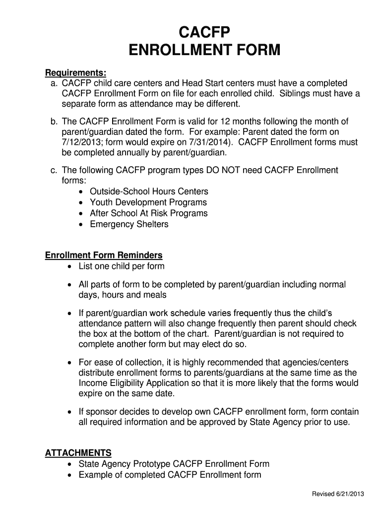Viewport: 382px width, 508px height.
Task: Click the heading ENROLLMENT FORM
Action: [x=204, y=51]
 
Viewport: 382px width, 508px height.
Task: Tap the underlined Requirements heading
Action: [x=75, y=73]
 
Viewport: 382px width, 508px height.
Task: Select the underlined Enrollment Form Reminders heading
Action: [x=104, y=255]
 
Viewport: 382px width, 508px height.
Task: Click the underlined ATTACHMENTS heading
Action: [x=78, y=453]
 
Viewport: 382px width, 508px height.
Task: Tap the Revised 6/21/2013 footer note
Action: [x=338, y=493]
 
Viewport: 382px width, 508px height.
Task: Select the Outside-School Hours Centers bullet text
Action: [x=149, y=192]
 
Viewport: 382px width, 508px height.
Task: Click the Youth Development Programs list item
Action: [x=148, y=203]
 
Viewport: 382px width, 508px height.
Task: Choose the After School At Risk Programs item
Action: [x=148, y=214]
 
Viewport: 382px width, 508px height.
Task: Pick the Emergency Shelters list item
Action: [x=128, y=225]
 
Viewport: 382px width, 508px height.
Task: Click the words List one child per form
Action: [x=121, y=266]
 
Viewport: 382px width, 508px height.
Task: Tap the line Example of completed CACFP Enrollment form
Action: [x=170, y=475]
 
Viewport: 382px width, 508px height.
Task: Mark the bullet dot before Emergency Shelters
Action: [x=82, y=225]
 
